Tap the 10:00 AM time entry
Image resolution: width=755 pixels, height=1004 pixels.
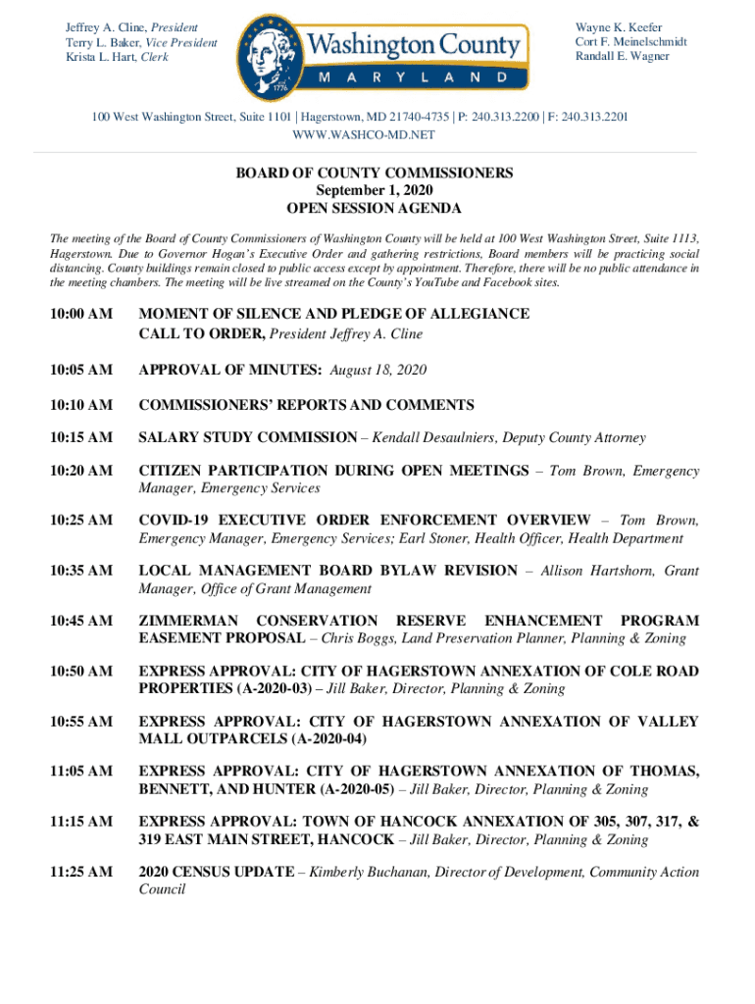coord(81,314)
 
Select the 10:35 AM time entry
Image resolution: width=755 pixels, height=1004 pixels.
coord(81,571)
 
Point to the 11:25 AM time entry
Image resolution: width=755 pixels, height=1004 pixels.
coord(81,872)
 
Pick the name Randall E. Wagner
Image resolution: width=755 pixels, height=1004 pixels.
coord(622,56)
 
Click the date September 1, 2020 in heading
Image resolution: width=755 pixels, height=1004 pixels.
coord(374,190)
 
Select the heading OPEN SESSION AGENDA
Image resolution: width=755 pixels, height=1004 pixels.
coord(374,209)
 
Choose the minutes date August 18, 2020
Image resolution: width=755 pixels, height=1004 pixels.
coord(378,370)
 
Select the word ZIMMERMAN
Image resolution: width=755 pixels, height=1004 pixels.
coord(189,621)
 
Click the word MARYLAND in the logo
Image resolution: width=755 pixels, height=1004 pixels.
coord(413,76)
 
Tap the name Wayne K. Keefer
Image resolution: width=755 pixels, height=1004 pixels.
coord(619,27)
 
